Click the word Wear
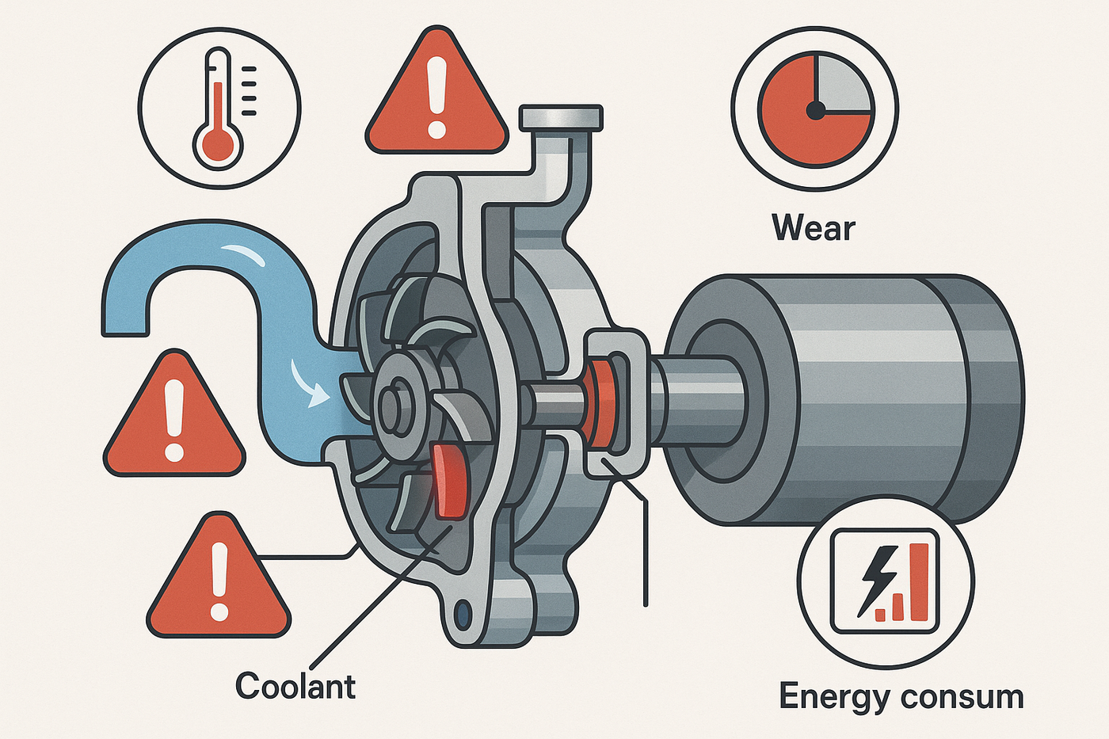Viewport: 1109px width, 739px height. (814, 229)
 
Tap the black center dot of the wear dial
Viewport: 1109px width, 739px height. (815, 111)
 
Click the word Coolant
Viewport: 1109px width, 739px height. (295, 685)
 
